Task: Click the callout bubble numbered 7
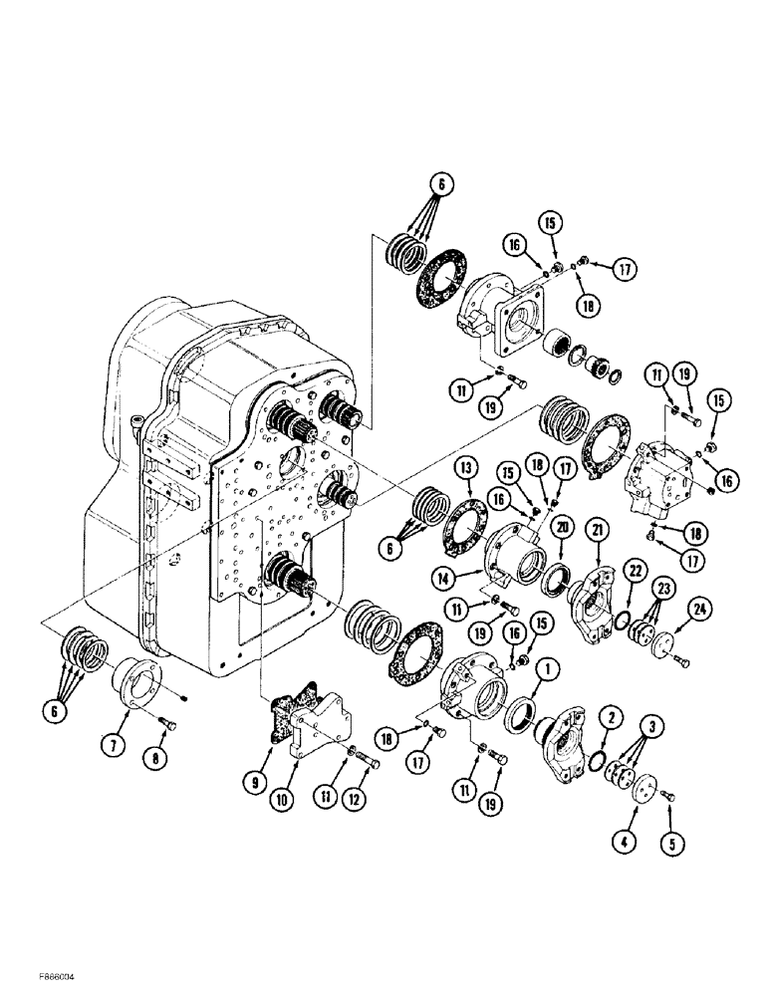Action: click(118, 743)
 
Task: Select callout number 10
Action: click(298, 795)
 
